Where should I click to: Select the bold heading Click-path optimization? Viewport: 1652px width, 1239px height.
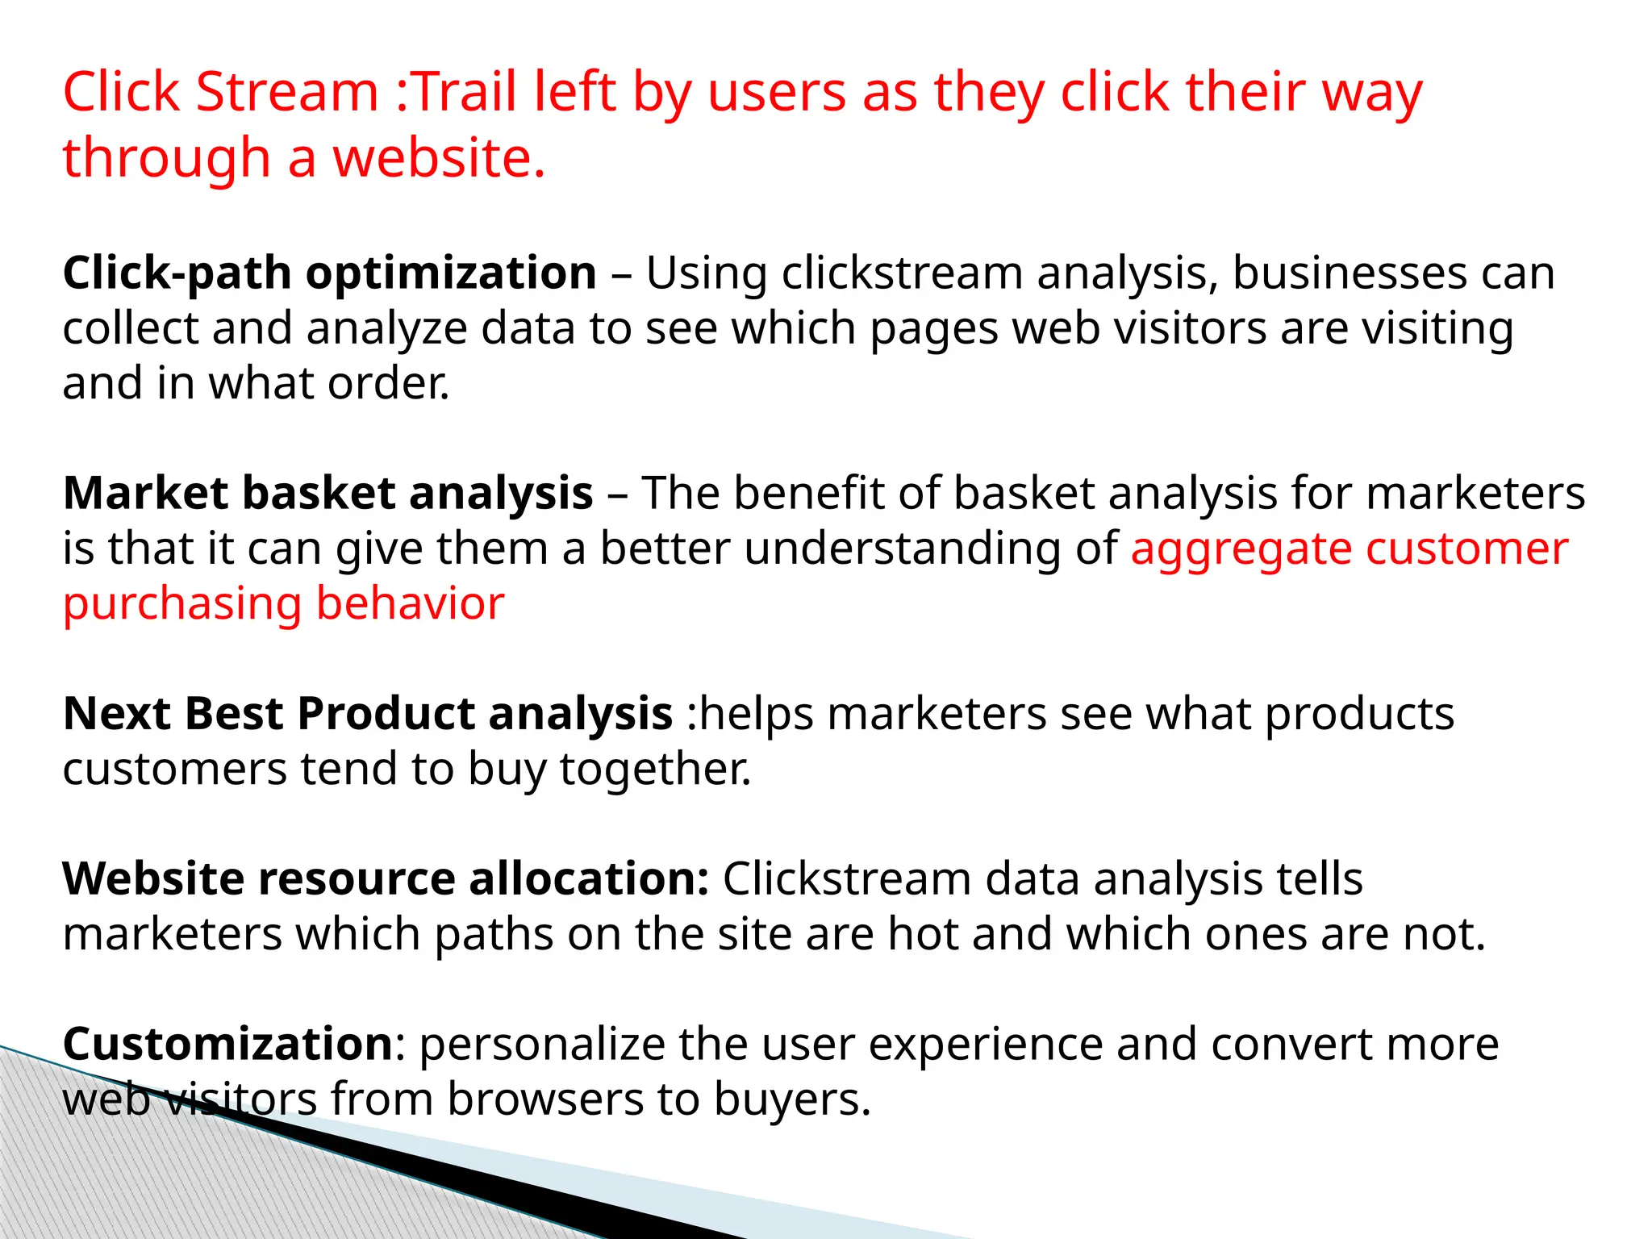point(329,273)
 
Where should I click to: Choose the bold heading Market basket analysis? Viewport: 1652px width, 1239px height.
point(327,493)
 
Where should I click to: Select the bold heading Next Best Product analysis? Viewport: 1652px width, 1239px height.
point(367,714)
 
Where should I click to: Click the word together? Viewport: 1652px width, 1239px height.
point(655,769)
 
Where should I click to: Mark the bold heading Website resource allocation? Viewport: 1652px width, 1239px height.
point(385,878)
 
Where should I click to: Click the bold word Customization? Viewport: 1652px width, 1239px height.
point(227,1044)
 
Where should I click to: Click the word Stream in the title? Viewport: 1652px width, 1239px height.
point(286,91)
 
